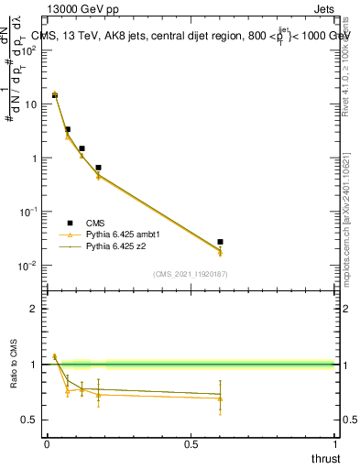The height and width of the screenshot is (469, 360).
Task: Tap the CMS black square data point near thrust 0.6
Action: (220, 242)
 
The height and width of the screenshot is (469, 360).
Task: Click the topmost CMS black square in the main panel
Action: (55, 95)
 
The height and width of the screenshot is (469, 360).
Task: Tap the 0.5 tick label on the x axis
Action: (191, 444)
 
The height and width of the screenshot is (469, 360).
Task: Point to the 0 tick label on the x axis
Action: (47, 444)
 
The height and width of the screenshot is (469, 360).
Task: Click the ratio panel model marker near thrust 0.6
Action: (220, 398)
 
